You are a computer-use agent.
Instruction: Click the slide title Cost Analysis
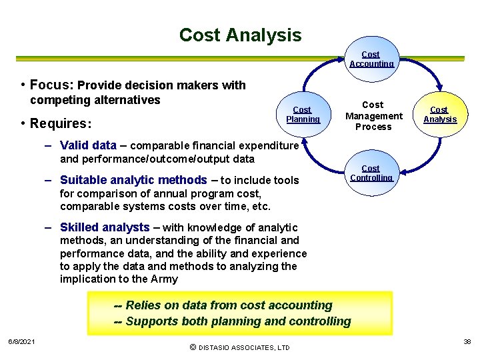(x=240, y=35)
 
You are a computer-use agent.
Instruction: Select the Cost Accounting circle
(x=371, y=59)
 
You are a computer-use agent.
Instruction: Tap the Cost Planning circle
(x=303, y=114)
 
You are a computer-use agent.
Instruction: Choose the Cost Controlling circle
(x=371, y=173)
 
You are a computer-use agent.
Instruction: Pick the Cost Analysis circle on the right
(x=439, y=114)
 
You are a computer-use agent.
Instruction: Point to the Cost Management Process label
(x=373, y=115)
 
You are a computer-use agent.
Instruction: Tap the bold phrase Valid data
(x=88, y=145)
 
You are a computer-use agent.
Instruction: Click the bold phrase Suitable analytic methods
(x=133, y=180)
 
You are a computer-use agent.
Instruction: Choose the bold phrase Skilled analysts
(x=105, y=227)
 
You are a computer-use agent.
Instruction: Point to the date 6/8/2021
(x=21, y=342)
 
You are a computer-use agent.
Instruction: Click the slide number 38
(x=467, y=341)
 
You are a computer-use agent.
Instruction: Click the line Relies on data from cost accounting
(x=223, y=305)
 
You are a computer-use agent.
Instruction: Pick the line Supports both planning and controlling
(x=233, y=321)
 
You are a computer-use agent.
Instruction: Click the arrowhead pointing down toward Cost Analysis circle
(x=439, y=86)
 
